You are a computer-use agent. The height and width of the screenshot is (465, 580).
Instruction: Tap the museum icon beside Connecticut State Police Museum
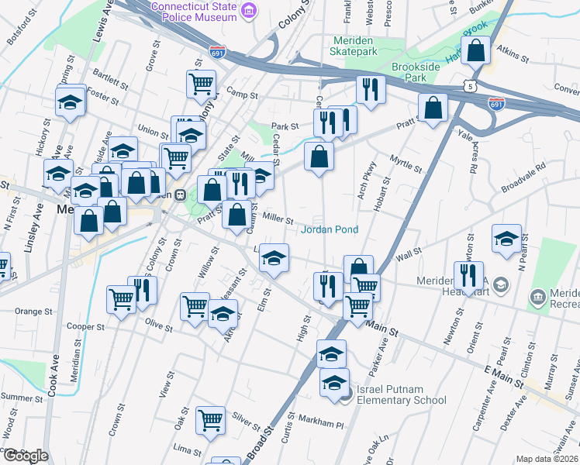[x=249, y=9]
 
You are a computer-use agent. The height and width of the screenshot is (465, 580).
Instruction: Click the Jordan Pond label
[x=330, y=229]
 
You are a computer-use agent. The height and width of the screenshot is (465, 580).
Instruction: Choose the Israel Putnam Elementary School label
[x=401, y=394]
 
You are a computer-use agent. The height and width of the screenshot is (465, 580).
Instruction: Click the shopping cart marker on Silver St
[x=211, y=421]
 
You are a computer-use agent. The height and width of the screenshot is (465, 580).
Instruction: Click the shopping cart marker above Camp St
[x=202, y=82]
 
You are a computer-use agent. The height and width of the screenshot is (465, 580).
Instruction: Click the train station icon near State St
[x=180, y=195]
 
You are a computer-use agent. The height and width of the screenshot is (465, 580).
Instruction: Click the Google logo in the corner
[x=26, y=455]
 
